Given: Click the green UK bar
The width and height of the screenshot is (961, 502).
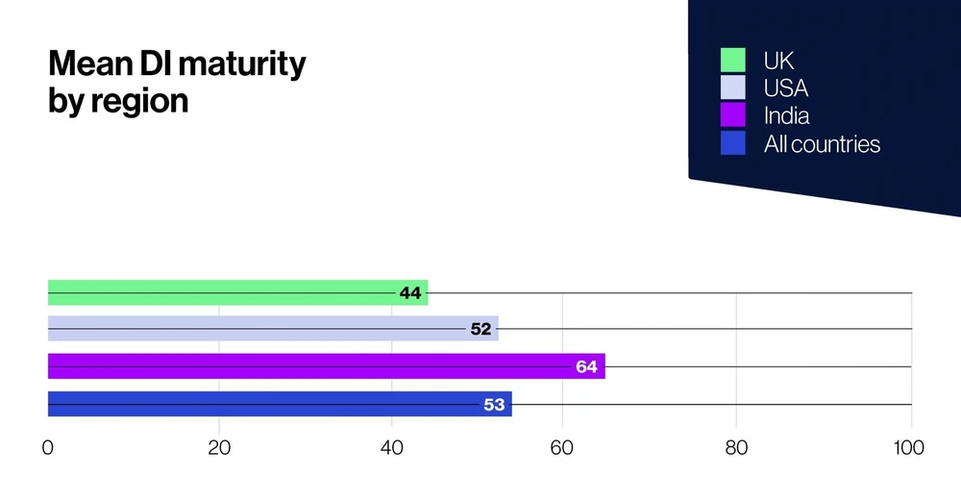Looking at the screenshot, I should point(221,292).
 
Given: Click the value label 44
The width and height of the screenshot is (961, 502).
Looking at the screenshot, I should point(410,293).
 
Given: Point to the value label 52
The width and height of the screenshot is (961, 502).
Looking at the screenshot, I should point(481,329).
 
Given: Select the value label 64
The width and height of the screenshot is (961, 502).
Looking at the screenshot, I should point(587,366).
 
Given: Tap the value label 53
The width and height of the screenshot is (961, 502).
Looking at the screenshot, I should point(494,405).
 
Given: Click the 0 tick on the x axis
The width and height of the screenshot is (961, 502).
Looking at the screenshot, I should point(48,448).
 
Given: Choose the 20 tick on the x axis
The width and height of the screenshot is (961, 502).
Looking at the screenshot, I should point(219,448).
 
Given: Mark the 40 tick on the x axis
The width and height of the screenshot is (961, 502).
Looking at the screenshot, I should point(391,448).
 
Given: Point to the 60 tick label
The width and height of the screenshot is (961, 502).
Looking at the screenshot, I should point(562,448).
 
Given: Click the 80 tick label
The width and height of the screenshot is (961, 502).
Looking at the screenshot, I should point(735,448).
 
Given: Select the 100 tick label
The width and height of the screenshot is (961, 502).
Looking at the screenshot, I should point(908,448).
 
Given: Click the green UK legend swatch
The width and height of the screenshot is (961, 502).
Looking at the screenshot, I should point(733,61).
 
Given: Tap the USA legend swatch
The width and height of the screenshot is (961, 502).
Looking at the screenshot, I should point(733,88).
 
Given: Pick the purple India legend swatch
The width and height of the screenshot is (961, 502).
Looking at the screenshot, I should point(733,115).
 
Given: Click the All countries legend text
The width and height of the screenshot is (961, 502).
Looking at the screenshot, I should point(822,144).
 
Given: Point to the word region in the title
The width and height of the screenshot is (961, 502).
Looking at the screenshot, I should point(139,101).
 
